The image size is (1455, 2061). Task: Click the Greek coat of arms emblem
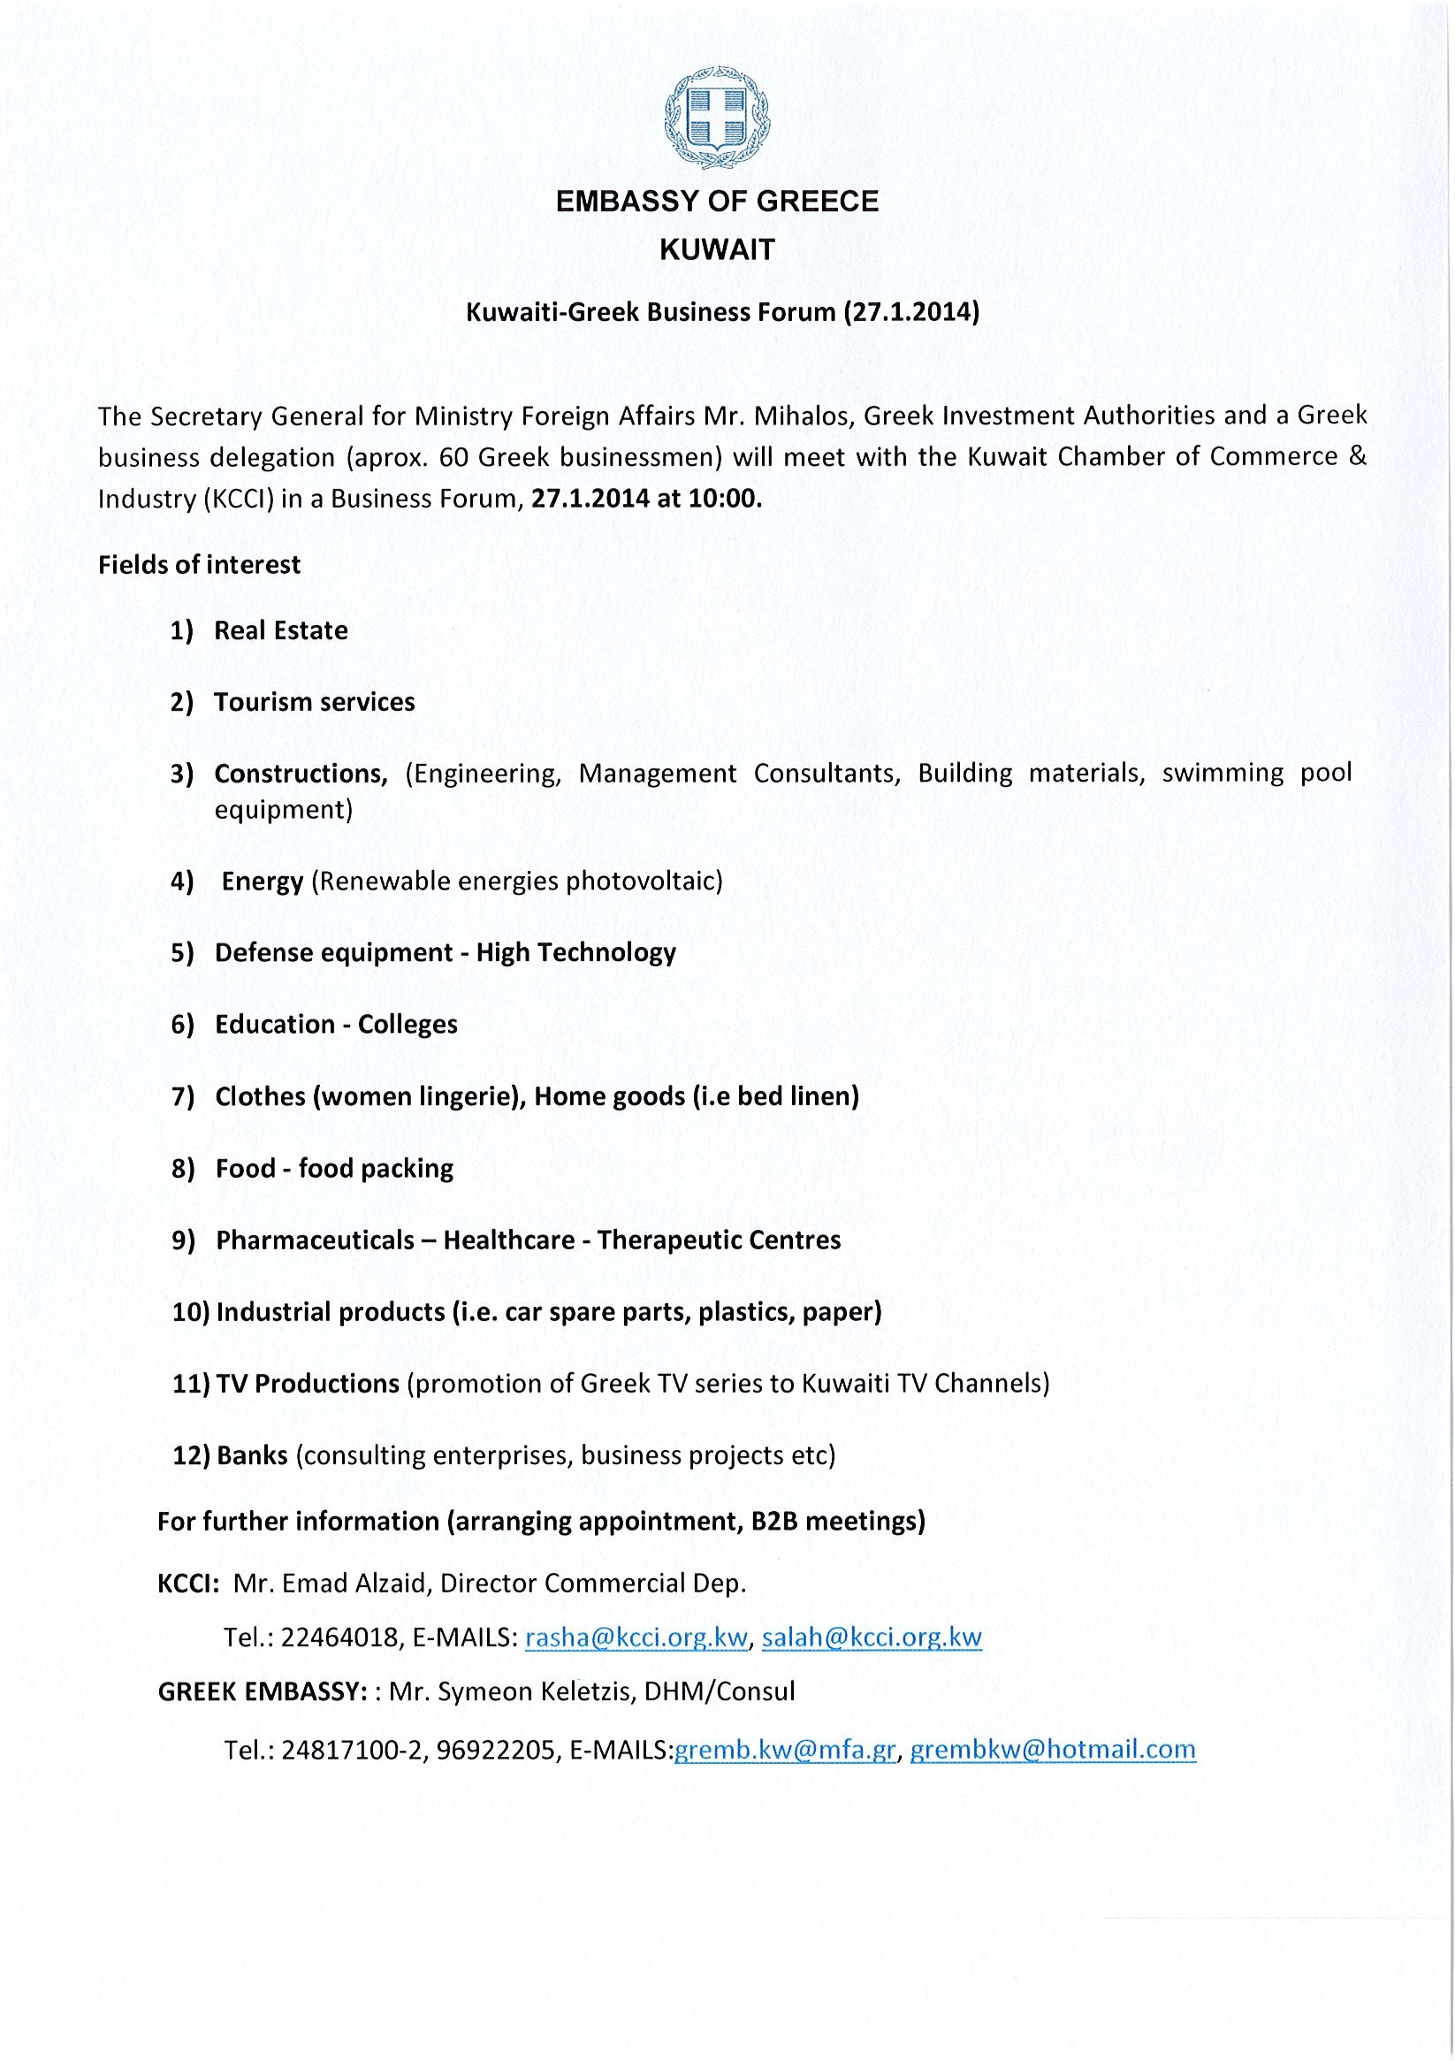tap(716, 118)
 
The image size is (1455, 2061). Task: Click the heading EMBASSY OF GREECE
tap(717, 202)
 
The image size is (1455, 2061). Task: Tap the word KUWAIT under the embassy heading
tap(717, 249)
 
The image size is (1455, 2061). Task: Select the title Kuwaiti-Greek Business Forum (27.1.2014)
tap(721, 312)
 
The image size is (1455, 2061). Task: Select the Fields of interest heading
tap(199, 565)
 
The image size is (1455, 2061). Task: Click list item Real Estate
tap(280, 630)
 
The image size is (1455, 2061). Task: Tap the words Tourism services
tap(314, 702)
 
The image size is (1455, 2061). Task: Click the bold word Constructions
tap(300, 773)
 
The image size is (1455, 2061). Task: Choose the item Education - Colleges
tap(336, 1024)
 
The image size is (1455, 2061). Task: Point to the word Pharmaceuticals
tap(315, 1240)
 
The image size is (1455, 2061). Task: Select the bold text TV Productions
tap(307, 1383)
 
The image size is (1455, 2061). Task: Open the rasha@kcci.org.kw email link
tap(636, 1637)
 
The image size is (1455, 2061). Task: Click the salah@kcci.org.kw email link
tap(872, 1637)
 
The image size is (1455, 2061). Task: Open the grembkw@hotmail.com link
tap(1053, 1749)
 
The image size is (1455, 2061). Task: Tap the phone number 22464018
tap(339, 1637)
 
